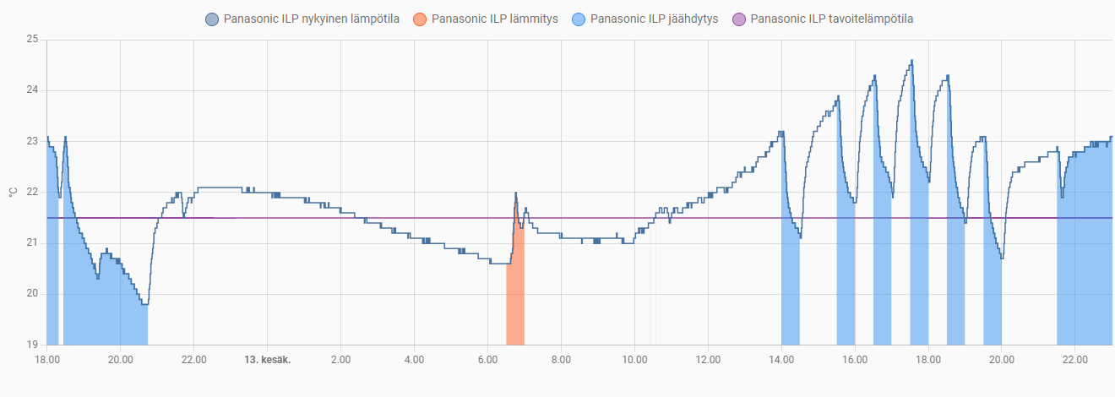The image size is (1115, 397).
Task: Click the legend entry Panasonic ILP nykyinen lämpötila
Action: click(311, 19)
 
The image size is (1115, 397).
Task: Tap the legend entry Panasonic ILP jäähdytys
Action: click(654, 19)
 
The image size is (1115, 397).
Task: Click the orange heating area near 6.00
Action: click(515, 296)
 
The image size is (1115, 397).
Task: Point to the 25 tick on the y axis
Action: click(32, 40)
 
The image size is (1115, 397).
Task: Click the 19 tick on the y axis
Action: click(32, 345)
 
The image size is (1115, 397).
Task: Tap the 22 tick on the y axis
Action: click(32, 192)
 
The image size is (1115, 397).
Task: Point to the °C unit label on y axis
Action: click(11, 192)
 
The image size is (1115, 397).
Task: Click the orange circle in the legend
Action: click(421, 19)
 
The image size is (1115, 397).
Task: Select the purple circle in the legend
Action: click(739, 19)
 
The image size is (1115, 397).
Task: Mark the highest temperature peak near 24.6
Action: click(912, 61)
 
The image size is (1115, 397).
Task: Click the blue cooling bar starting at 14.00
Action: click(791, 296)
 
